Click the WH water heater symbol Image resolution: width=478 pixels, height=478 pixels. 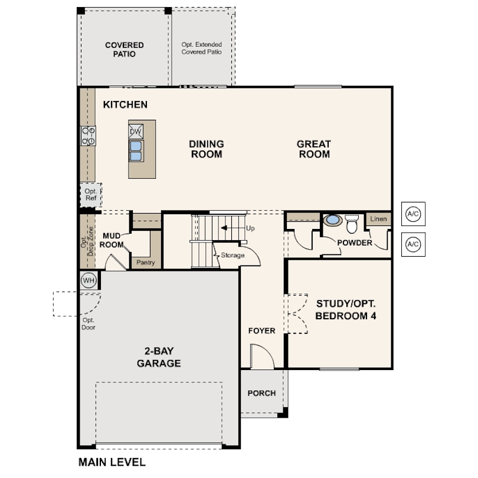coord(89,280)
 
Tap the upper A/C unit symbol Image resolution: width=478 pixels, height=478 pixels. coord(413,214)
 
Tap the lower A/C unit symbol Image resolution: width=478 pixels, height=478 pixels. coord(413,244)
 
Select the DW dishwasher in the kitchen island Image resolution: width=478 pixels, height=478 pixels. coord(136,132)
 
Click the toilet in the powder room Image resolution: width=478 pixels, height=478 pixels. coord(352,224)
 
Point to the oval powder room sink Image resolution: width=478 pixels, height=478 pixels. coord(333,220)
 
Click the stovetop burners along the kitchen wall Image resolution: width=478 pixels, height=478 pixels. coord(89,136)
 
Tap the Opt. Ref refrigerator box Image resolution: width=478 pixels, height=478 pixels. coord(91,195)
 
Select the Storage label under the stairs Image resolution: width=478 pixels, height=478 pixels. coord(233,255)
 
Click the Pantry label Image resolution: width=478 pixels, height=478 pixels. coord(146,263)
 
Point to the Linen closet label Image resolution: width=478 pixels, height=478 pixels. coord(378,219)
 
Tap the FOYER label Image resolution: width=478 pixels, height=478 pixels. coord(262,330)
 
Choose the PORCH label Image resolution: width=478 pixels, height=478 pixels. coord(261,393)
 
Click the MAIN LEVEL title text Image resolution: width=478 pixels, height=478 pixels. coord(112,462)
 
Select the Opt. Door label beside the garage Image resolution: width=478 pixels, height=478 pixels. coord(89,324)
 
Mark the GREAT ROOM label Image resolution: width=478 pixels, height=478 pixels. coord(314,149)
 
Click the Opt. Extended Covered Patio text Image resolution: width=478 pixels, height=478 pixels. coord(201,48)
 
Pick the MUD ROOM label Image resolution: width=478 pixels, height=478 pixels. coord(112,240)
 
